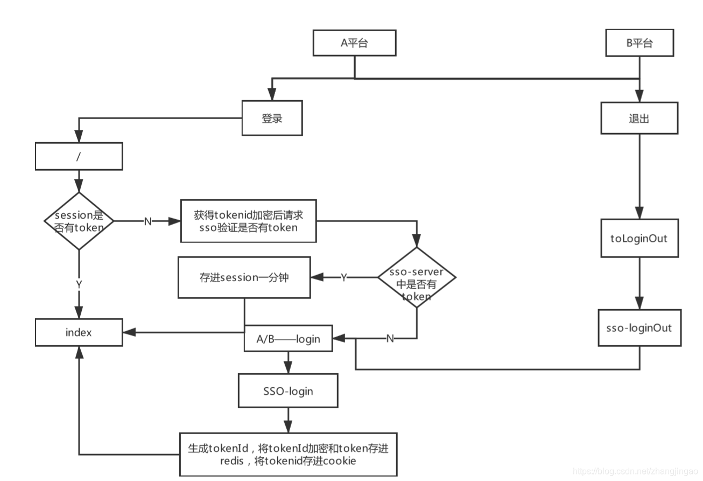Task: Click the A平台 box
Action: [355, 43]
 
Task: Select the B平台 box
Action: [639, 43]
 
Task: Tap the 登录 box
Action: [272, 118]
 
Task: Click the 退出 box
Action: [639, 118]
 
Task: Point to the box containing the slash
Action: [79, 156]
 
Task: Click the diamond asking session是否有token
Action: [79, 221]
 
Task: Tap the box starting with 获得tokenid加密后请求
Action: [248, 221]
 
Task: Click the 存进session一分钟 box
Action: [244, 278]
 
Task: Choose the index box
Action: [79, 332]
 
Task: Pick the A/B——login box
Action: [289, 339]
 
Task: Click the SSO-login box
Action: [288, 391]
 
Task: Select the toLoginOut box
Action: [639, 238]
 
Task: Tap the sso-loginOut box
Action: [639, 327]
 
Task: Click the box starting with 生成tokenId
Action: [288, 454]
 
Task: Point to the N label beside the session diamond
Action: [147, 221]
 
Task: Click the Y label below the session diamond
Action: [79, 284]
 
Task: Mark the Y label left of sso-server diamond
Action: [343, 277]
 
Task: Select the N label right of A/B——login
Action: [390, 338]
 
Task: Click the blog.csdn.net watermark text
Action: [635, 471]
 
